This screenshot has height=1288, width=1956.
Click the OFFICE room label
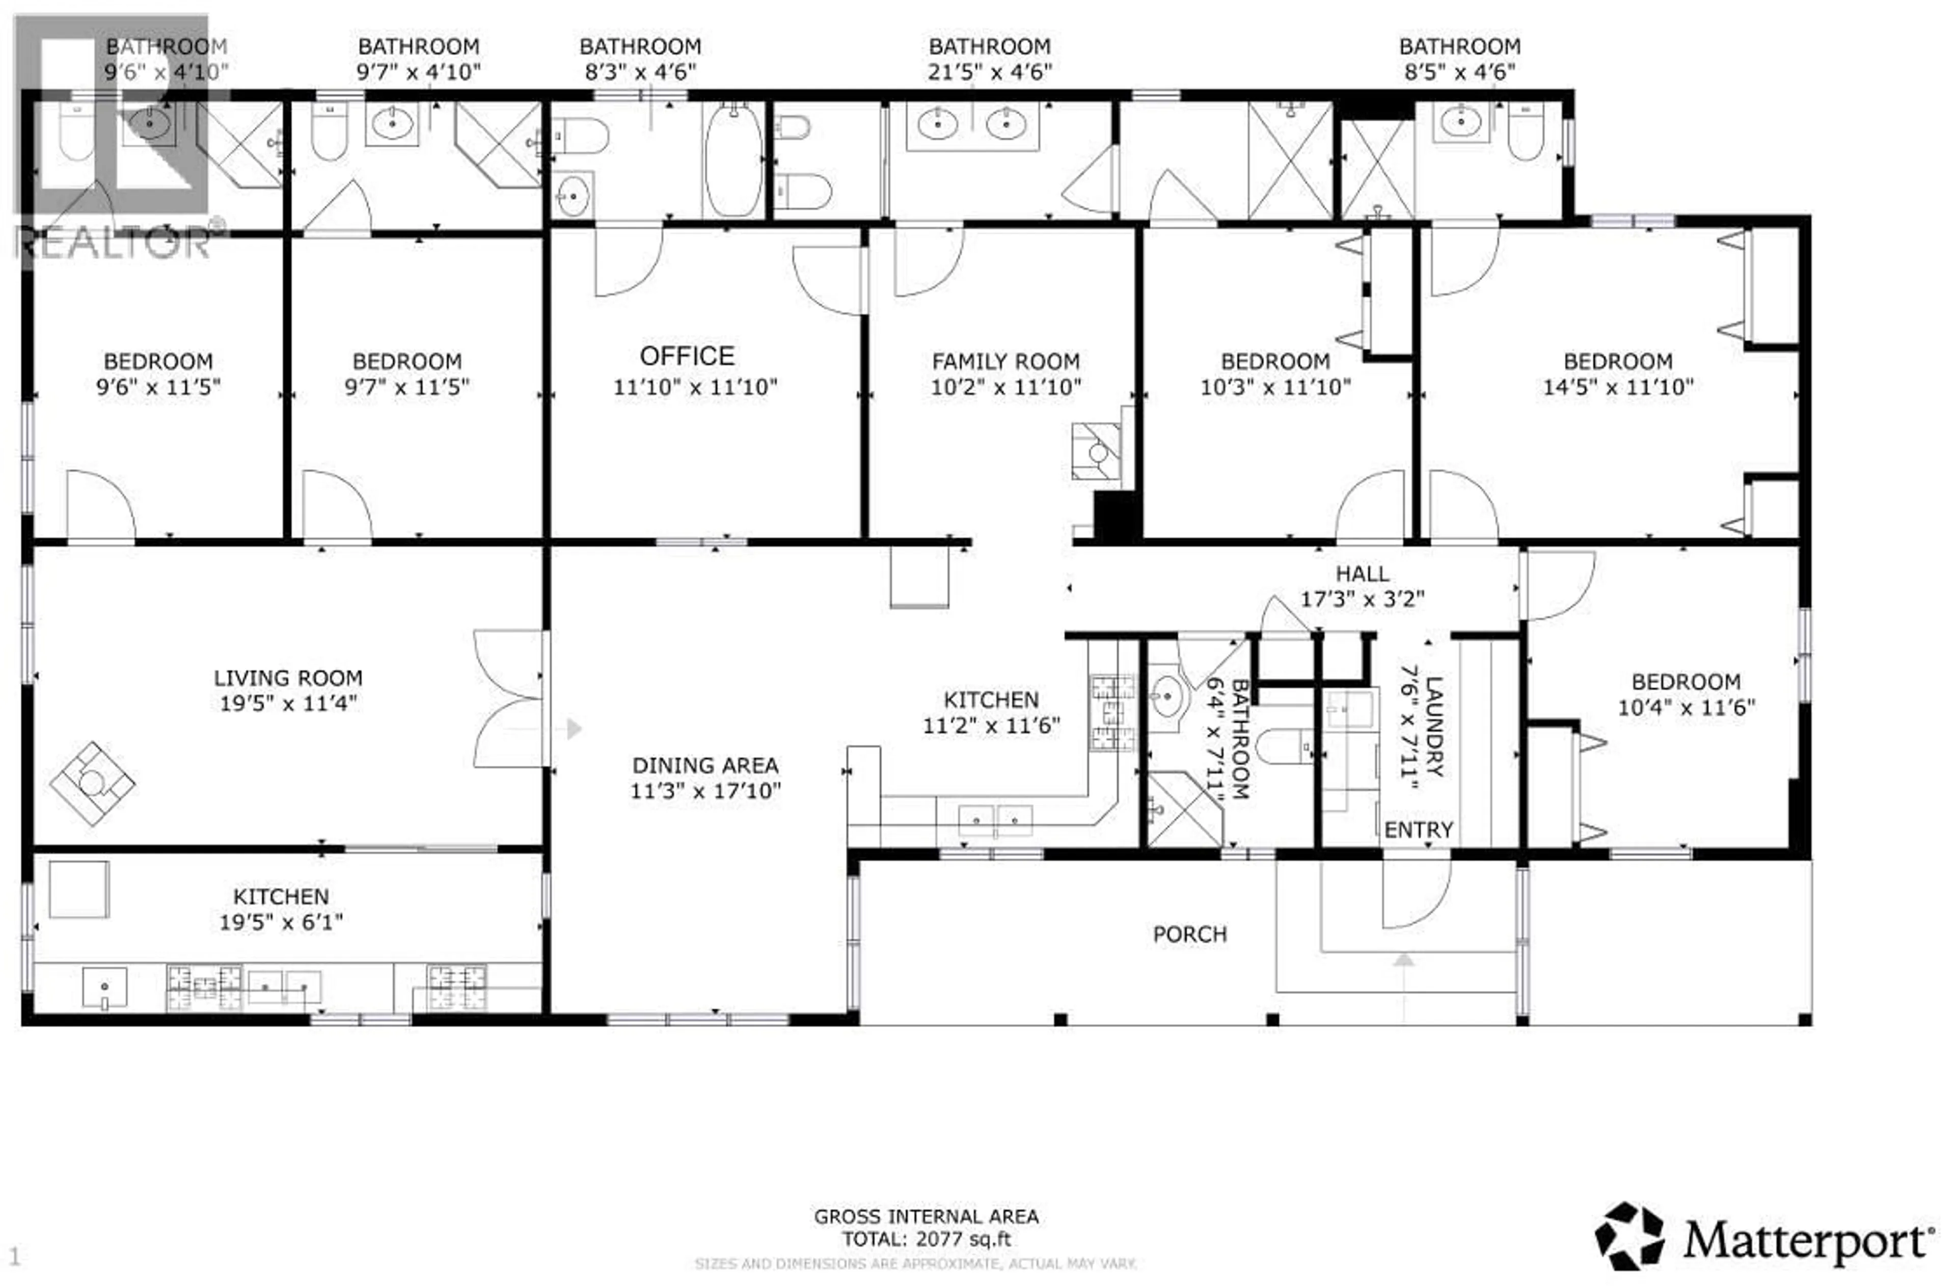coord(687,356)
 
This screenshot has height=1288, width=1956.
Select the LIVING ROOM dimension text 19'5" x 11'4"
coord(288,704)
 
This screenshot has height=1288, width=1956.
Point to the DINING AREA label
coord(705,765)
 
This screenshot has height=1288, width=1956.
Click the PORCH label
coord(1189,934)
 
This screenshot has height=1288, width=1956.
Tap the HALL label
coord(1362,574)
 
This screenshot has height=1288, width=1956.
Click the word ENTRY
coord(1419,830)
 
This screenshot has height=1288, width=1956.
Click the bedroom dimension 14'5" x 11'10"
coord(1617,387)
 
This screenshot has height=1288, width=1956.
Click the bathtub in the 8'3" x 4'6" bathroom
coord(733,161)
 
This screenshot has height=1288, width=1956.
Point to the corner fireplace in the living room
coord(92,783)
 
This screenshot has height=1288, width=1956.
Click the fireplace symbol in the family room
coord(1096,451)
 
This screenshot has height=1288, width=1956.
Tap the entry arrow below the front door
coord(1404,959)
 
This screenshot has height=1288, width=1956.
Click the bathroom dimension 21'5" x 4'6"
coord(990,72)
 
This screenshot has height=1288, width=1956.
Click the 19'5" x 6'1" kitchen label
coord(280,922)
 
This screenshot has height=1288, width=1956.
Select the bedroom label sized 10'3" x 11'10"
coord(1274,362)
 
